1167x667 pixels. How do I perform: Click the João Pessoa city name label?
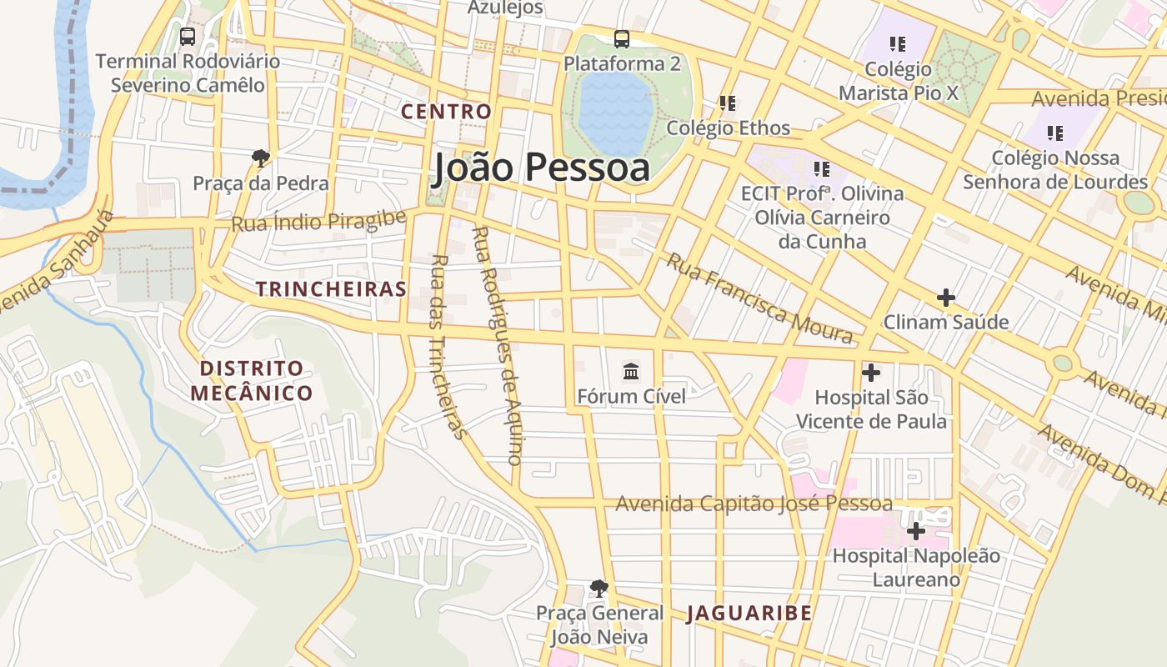pos(541,168)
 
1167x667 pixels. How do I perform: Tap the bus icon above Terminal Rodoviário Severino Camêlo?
pos(188,37)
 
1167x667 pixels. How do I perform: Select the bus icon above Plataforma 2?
pos(622,39)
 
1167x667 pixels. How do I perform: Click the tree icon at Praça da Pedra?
pos(261,157)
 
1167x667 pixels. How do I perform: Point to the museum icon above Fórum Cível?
pos(631,371)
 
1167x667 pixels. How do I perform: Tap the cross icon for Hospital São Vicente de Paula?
pos(871,373)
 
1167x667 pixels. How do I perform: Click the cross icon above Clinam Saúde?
pos(946,297)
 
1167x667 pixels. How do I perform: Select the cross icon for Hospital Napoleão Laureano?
pos(916,530)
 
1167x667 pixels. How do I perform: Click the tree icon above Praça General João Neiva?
pos(599,589)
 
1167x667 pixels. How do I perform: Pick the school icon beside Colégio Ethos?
pos(728,103)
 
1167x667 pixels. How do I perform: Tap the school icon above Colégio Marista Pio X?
pos(898,43)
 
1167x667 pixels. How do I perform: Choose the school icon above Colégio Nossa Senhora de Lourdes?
pos(1055,133)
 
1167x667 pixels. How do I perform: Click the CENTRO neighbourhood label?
pos(446,111)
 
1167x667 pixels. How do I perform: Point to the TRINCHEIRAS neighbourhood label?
pos(331,289)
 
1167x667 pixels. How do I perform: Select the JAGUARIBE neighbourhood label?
pos(749,614)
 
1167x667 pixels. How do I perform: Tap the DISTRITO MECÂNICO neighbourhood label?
pos(251,380)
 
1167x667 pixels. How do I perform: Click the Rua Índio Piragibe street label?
pos(318,221)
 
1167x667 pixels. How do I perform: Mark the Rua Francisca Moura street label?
pos(759,298)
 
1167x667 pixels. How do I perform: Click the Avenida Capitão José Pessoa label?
pos(754,504)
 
